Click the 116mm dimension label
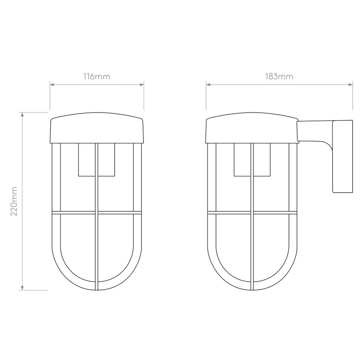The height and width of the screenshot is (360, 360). [97, 76]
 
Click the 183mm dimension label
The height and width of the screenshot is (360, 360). [279, 76]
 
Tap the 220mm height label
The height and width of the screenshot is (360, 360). [14, 201]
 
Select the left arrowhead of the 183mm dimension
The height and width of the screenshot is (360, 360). [208, 84]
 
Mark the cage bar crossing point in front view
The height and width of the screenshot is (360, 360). [97, 213]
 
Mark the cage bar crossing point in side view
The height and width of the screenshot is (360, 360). [252, 213]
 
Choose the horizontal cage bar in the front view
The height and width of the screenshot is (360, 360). [74, 213]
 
